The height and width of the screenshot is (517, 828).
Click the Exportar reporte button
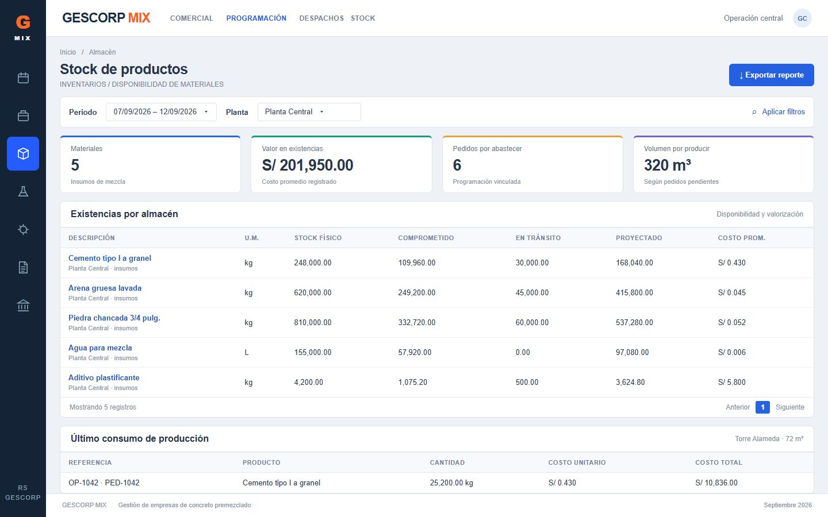(x=771, y=75)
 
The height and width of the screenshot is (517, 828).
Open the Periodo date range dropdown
(x=161, y=112)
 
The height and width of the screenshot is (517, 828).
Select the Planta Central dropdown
(x=309, y=112)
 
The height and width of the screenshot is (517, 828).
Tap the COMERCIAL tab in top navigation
(x=191, y=18)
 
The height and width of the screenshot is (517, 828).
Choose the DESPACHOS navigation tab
(x=321, y=18)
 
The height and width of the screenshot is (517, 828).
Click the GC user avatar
(x=802, y=18)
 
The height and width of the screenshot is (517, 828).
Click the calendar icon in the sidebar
(x=23, y=78)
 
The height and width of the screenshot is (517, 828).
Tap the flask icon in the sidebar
(x=23, y=191)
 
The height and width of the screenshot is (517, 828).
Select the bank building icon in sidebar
(x=23, y=306)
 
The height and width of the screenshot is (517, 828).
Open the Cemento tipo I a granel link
(x=109, y=258)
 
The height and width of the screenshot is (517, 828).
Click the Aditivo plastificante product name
(x=104, y=377)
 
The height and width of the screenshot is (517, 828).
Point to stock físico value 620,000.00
(x=313, y=292)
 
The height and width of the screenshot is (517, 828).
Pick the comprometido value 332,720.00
(x=416, y=322)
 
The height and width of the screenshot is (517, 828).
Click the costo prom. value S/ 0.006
(x=731, y=352)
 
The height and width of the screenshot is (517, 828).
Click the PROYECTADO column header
(x=639, y=238)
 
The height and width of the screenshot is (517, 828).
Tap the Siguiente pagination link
(x=789, y=407)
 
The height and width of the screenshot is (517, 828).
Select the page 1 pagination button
(x=762, y=407)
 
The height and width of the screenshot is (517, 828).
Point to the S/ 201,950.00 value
(x=308, y=165)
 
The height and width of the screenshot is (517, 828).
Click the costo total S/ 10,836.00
(x=716, y=483)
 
